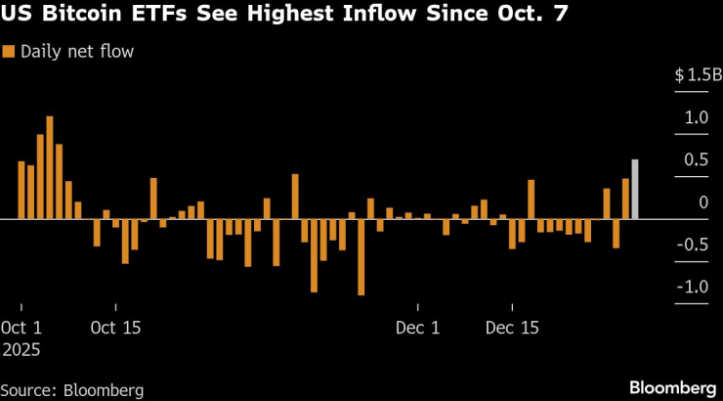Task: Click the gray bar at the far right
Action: coord(635,189)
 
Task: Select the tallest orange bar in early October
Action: coord(50,167)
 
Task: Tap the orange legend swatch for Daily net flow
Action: coord(9,52)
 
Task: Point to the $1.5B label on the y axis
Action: coord(696,75)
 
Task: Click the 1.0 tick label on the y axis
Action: coord(696,117)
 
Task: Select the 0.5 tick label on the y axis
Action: coord(696,159)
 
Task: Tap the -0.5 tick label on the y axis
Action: coord(693,245)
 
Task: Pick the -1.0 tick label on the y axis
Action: coord(693,287)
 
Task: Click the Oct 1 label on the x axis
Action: coord(23,328)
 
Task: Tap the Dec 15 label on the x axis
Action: coord(512,328)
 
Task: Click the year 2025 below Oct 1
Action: coord(21,348)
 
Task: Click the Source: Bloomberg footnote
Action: coord(72,390)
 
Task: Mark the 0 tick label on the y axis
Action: coord(702,201)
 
